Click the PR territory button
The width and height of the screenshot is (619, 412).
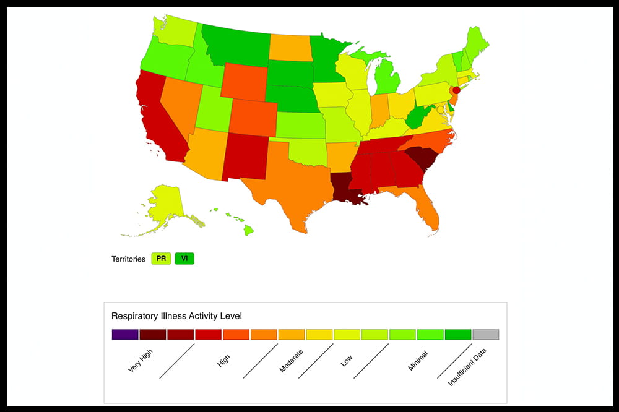(x=161, y=259)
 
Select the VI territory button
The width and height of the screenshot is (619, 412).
(x=184, y=259)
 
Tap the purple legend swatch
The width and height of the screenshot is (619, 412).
(x=124, y=335)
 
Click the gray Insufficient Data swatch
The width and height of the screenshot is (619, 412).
(x=485, y=335)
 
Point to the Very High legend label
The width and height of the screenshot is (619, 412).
(x=141, y=360)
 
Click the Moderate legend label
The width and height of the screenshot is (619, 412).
(x=291, y=360)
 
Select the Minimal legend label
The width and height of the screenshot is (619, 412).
(x=418, y=360)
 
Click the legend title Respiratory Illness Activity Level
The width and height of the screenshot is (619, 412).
(x=176, y=315)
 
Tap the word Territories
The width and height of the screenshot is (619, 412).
(x=128, y=259)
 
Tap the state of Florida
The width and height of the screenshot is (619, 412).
(x=427, y=207)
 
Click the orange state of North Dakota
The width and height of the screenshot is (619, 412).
(x=290, y=47)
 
